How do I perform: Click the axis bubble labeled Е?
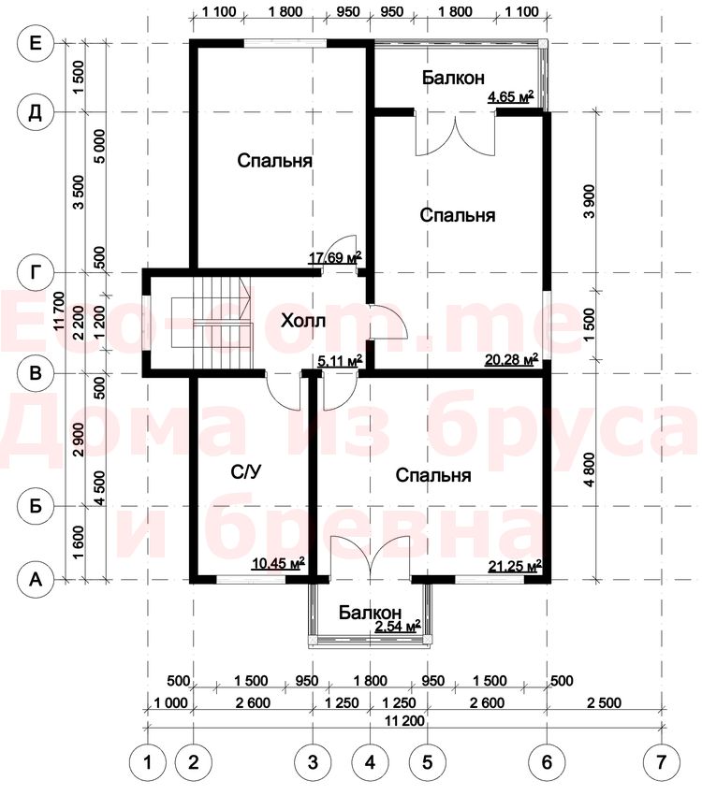click(x=35, y=43)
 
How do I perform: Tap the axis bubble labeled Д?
click(x=35, y=112)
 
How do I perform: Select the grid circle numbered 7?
click(x=661, y=762)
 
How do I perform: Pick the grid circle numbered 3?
click(x=313, y=762)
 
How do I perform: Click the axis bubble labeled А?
click(x=35, y=579)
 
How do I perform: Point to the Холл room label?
click(x=303, y=321)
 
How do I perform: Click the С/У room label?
click(x=246, y=472)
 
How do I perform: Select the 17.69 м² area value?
click(x=335, y=257)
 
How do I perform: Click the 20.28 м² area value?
click(x=511, y=360)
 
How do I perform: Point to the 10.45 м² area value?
click(x=278, y=563)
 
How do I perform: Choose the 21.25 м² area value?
click(x=515, y=566)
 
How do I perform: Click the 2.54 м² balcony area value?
click(x=398, y=626)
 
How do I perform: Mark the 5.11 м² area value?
click(x=340, y=360)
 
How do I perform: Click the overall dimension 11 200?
click(x=404, y=720)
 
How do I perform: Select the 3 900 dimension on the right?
click(x=589, y=201)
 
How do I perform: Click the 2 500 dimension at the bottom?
click(x=604, y=702)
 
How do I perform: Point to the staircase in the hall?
click(x=212, y=322)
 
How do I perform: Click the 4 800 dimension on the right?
click(x=589, y=470)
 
